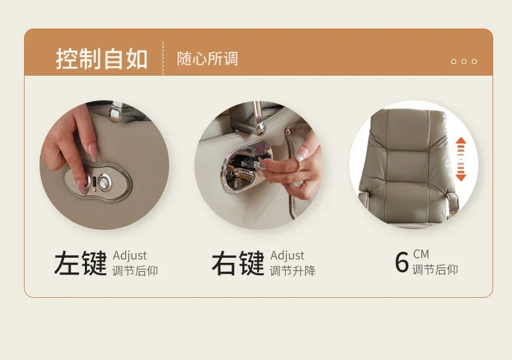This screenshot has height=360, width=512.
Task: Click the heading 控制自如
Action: (x=102, y=59)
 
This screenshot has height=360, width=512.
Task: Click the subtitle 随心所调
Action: (x=207, y=59)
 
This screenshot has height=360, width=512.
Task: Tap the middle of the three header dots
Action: (x=464, y=62)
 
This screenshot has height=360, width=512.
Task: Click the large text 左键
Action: (x=80, y=264)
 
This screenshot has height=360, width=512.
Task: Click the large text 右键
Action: (x=237, y=264)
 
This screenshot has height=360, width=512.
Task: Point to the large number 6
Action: (x=402, y=263)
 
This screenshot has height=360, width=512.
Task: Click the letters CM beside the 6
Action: (x=421, y=254)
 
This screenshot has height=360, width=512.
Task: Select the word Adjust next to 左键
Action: (x=130, y=256)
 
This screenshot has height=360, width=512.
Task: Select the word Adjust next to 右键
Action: (x=287, y=256)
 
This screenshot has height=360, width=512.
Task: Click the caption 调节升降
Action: (x=292, y=271)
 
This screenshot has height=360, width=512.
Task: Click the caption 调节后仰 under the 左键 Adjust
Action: (x=135, y=271)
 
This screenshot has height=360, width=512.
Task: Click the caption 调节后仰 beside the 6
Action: (x=435, y=269)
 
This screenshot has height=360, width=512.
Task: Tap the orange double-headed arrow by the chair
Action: (x=461, y=159)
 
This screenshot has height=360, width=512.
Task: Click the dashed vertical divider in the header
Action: (x=163, y=58)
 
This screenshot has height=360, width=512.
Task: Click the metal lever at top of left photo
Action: (x=115, y=112)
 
